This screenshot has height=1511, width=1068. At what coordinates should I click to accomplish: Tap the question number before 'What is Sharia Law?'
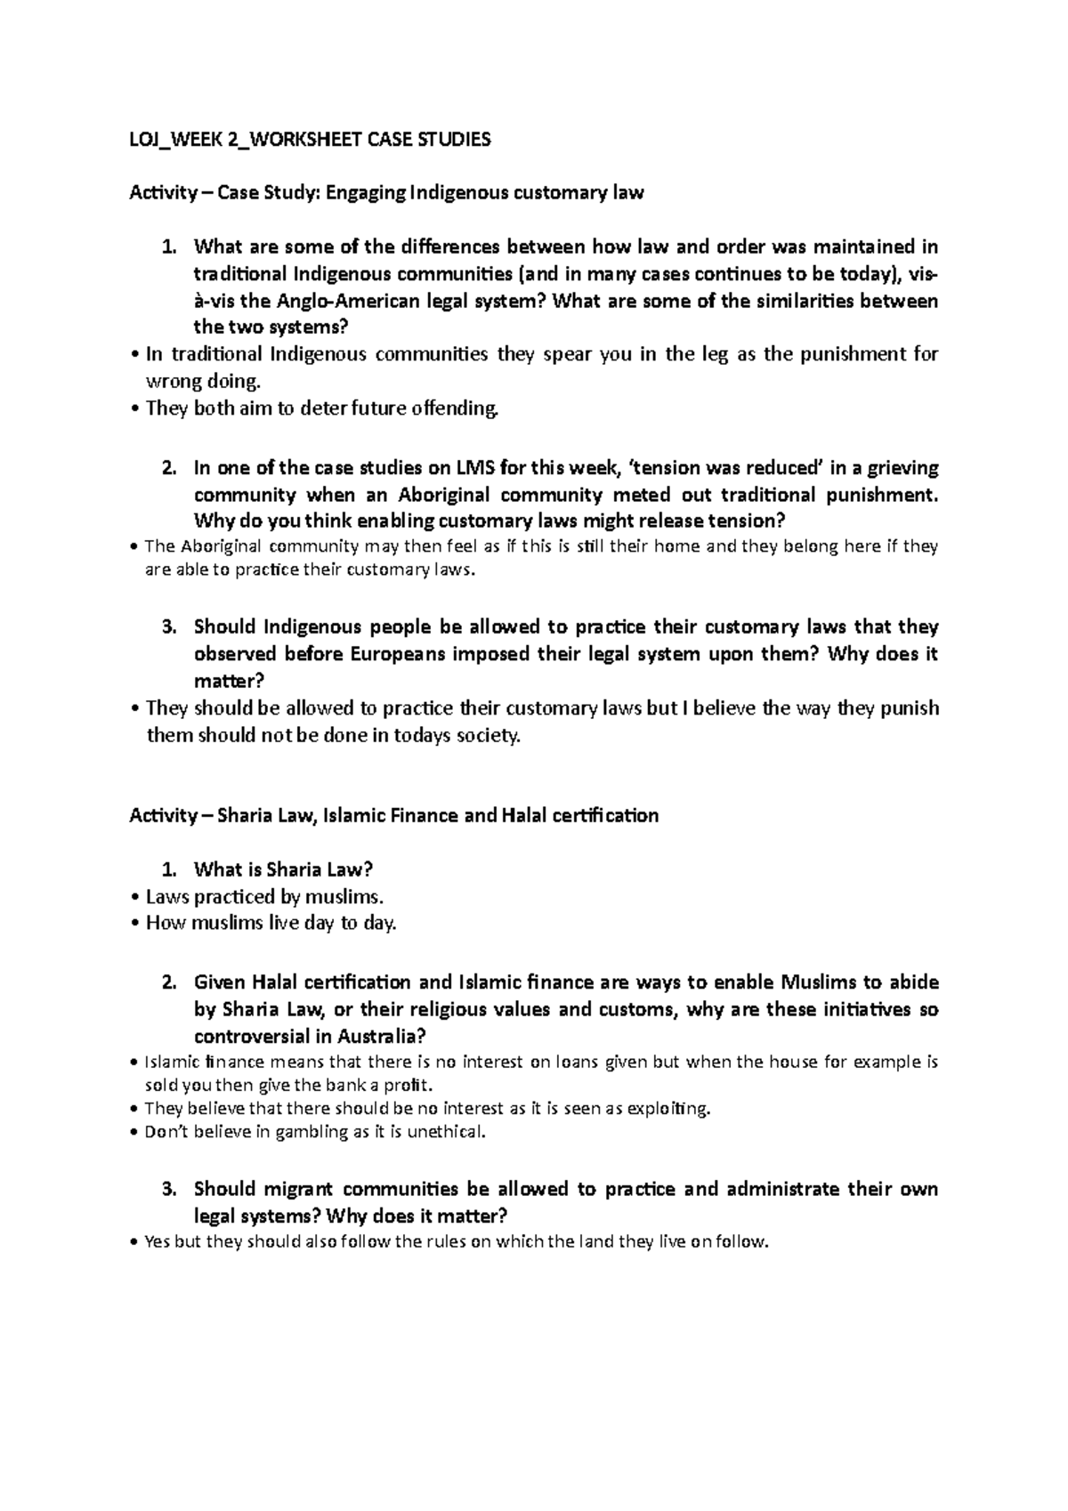169,869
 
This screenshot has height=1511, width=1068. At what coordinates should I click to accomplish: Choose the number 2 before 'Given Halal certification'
169,983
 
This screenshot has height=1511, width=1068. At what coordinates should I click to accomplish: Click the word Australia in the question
378,1037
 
